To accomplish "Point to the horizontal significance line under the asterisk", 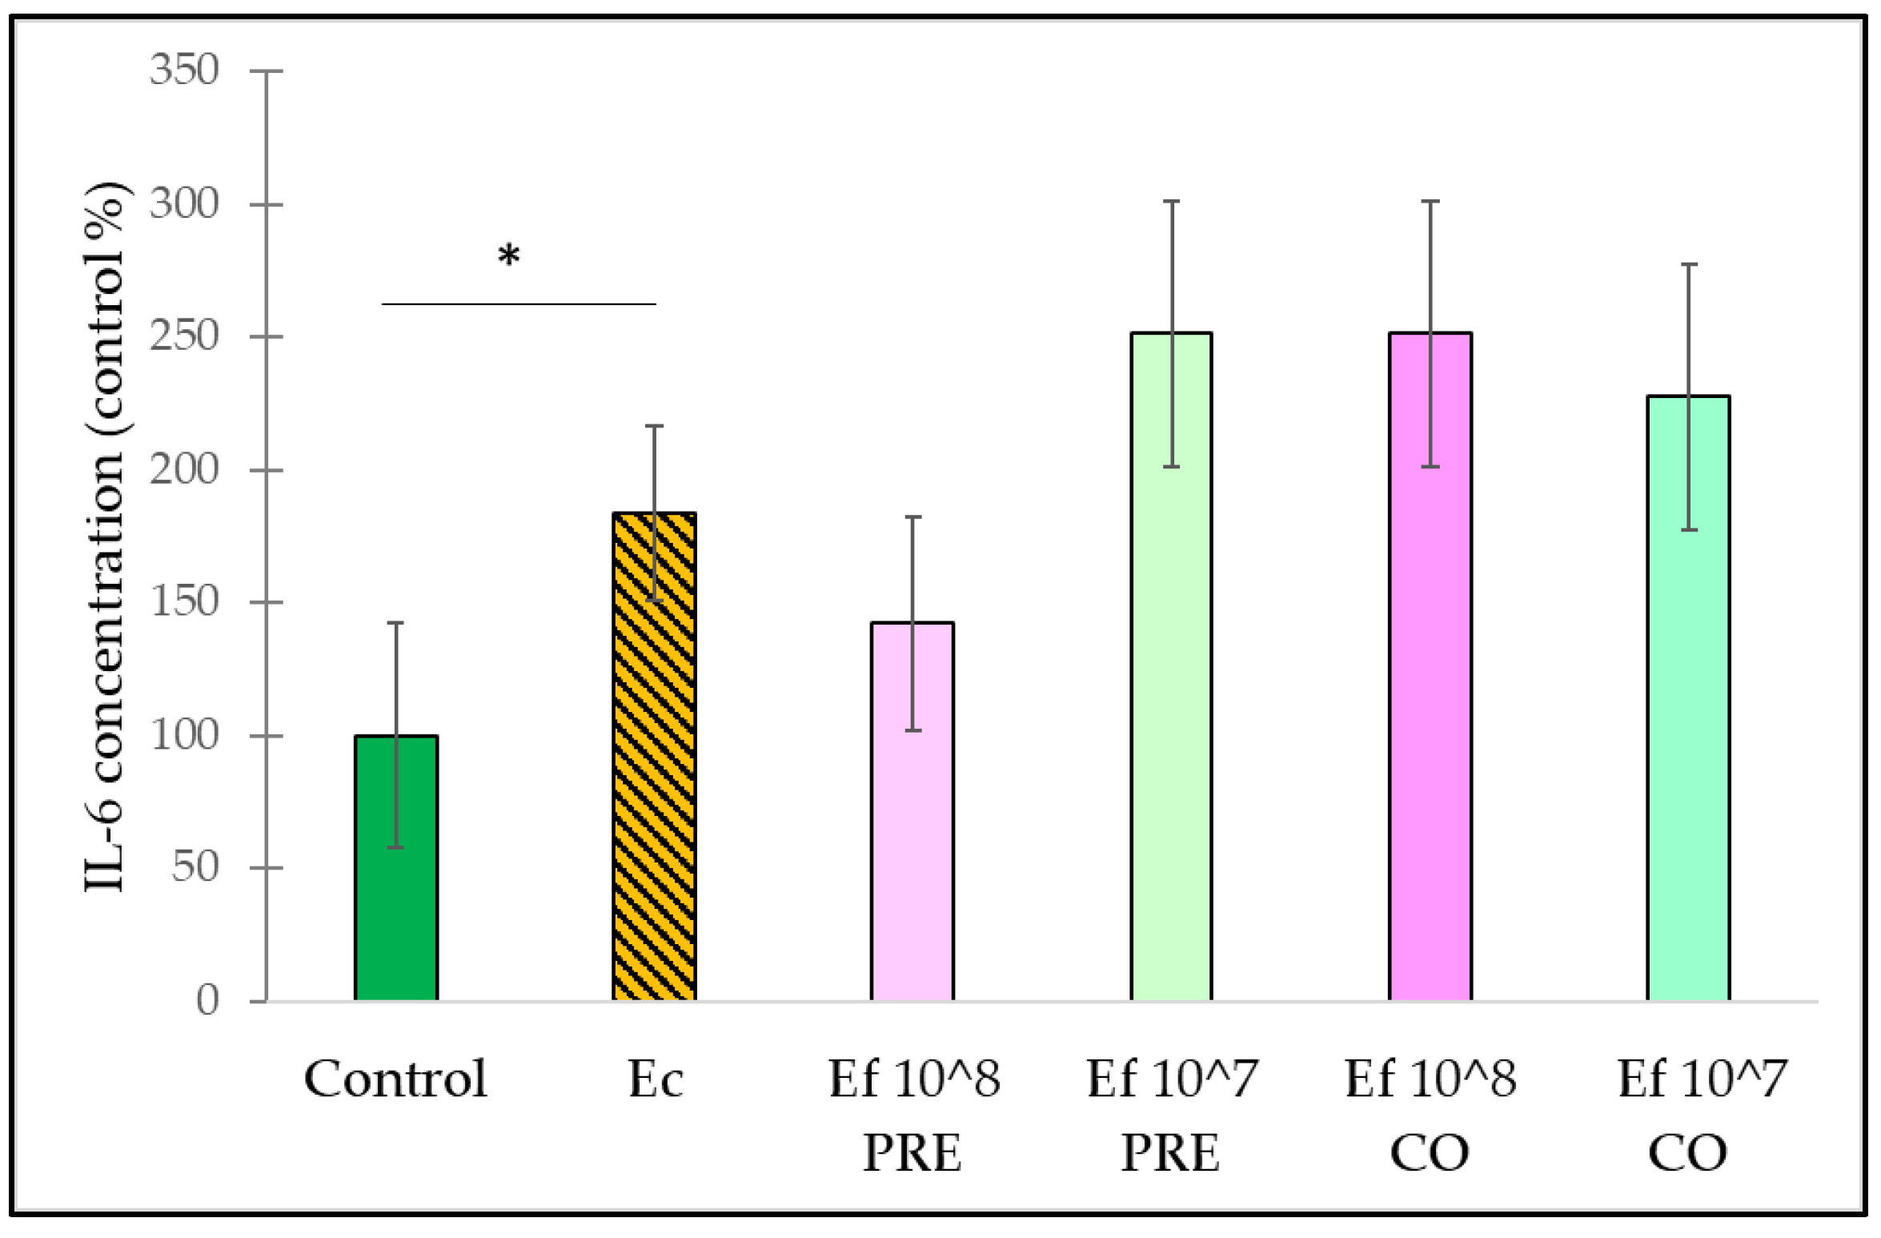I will (x=519, y=304).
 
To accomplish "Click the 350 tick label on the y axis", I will (x=184, y=70).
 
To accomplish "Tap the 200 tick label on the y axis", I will (x=184, y=469).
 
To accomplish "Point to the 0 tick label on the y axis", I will (x=207, y=1000).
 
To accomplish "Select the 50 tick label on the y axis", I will (x=195, y=867).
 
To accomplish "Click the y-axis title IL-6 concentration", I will (x=106, y=537).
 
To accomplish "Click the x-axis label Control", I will (x=395, y=1079).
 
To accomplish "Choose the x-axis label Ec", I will (x=655, y=1079).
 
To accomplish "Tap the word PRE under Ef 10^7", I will (x=1170, y=1154).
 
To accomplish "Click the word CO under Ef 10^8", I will (x=1430, y=1154).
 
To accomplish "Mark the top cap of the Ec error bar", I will (x=654, y=426).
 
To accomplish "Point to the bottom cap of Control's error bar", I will (x=395, y=847).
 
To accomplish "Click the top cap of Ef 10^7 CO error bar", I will (x=1689, y=264).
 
